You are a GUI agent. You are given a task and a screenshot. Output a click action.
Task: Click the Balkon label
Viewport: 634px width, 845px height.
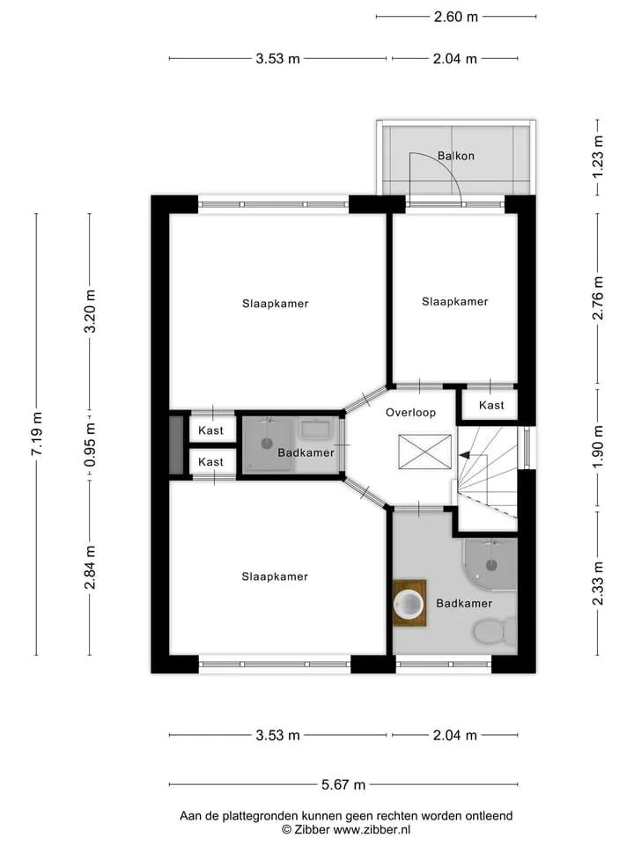[x=455, y=156]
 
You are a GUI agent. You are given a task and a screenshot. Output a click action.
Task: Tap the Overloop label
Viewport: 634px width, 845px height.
[x=410, y=413]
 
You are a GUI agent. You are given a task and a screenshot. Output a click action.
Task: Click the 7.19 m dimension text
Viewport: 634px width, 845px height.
[x=37, y=434]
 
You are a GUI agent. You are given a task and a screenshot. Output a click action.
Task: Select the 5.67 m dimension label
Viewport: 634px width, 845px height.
[x=343, y=784]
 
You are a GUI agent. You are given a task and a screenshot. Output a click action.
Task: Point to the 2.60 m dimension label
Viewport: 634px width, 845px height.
[x=455, y=17]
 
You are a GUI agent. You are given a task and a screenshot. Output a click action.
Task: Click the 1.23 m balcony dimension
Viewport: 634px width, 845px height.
[x=598, y=157]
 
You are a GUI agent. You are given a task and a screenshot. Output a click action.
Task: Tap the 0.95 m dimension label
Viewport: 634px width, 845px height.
[x=90, y=445]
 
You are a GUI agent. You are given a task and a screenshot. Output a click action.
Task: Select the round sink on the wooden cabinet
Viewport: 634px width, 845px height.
[x=409, y=603]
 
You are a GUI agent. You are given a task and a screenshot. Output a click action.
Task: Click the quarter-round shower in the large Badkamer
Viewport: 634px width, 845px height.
[x=490, y=564]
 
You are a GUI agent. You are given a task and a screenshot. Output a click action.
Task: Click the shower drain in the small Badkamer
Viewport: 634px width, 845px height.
[x=267, y=444]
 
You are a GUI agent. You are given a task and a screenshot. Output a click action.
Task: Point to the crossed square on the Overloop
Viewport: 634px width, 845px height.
[x=424, y=452]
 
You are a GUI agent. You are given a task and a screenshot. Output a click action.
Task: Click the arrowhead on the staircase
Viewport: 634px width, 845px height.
[x=464, y=455]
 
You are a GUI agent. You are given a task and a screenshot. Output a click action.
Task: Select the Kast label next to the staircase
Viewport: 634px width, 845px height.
[x=491, y=405]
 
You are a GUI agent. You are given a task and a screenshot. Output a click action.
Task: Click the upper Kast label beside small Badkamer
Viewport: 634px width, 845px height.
[x=210, y=430]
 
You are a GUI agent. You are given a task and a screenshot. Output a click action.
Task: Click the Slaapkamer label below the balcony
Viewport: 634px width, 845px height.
[x=454, y=302]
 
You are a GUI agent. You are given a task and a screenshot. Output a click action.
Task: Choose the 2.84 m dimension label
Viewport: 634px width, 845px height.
[x=90, y=568]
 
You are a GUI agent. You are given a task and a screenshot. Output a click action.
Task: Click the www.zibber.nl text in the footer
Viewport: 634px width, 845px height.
[x=372, y=830]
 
